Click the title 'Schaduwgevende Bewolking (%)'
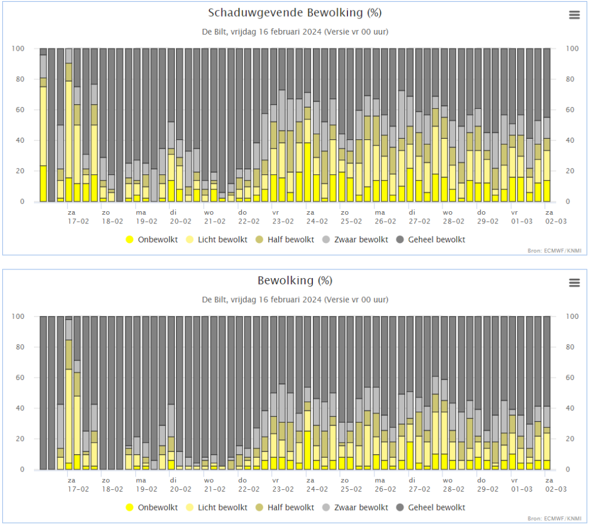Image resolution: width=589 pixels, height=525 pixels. point(295,13)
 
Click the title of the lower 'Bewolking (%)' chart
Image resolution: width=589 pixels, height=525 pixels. point(295,280)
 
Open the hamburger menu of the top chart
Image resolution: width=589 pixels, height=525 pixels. point(575,15)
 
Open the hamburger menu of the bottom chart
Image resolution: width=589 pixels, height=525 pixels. point(575,283)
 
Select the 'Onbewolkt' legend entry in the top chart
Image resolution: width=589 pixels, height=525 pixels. point(152,239)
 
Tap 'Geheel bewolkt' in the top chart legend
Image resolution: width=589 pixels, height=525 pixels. point(431,239)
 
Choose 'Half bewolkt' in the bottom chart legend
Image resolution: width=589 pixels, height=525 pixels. point(285,507)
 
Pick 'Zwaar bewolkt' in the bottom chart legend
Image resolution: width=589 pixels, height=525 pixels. point(355,507)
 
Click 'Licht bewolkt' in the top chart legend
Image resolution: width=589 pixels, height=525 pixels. point(217,239)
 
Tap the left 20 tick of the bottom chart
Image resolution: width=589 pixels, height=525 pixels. point(20,439)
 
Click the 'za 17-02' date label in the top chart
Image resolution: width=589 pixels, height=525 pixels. point(78,217)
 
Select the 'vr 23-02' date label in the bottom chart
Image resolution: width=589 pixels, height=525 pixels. point(283,485)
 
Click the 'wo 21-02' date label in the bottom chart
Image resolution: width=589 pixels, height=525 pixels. point(215,485)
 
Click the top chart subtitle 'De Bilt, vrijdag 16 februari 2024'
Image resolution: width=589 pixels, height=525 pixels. point(262,32)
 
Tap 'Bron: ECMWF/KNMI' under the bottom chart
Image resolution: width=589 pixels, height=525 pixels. point(554,519)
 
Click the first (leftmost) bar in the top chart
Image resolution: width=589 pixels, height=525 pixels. point(43,125)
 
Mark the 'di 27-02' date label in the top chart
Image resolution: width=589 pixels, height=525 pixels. point(419,217)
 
